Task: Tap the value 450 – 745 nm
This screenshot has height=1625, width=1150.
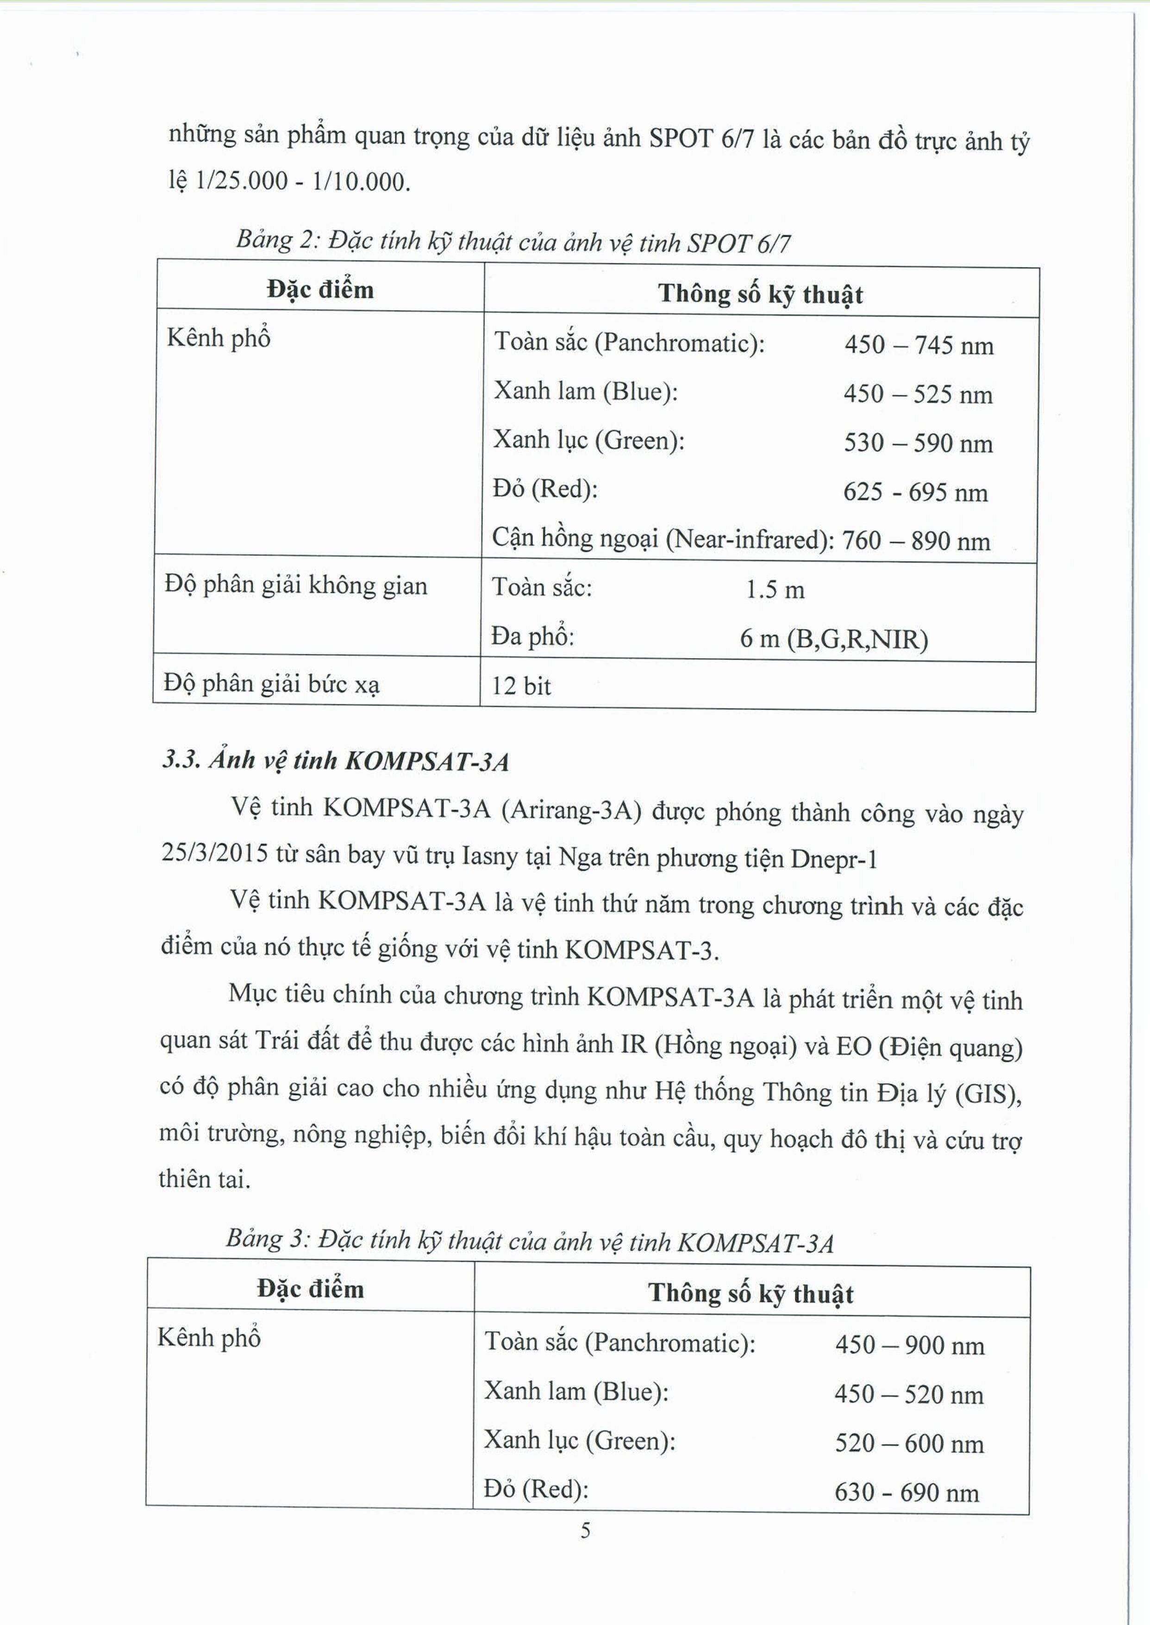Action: click(919, 345)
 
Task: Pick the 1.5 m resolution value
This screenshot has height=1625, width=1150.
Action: click(775, 590)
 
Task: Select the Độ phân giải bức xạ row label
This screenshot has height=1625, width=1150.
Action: click(272, 684)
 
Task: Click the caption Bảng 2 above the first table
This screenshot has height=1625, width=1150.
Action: click(513, 242)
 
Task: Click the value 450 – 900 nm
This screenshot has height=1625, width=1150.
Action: click(909, 1345)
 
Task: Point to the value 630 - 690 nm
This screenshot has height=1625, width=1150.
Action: click(906, 1493)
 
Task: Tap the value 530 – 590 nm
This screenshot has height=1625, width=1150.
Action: click(918, 443)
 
